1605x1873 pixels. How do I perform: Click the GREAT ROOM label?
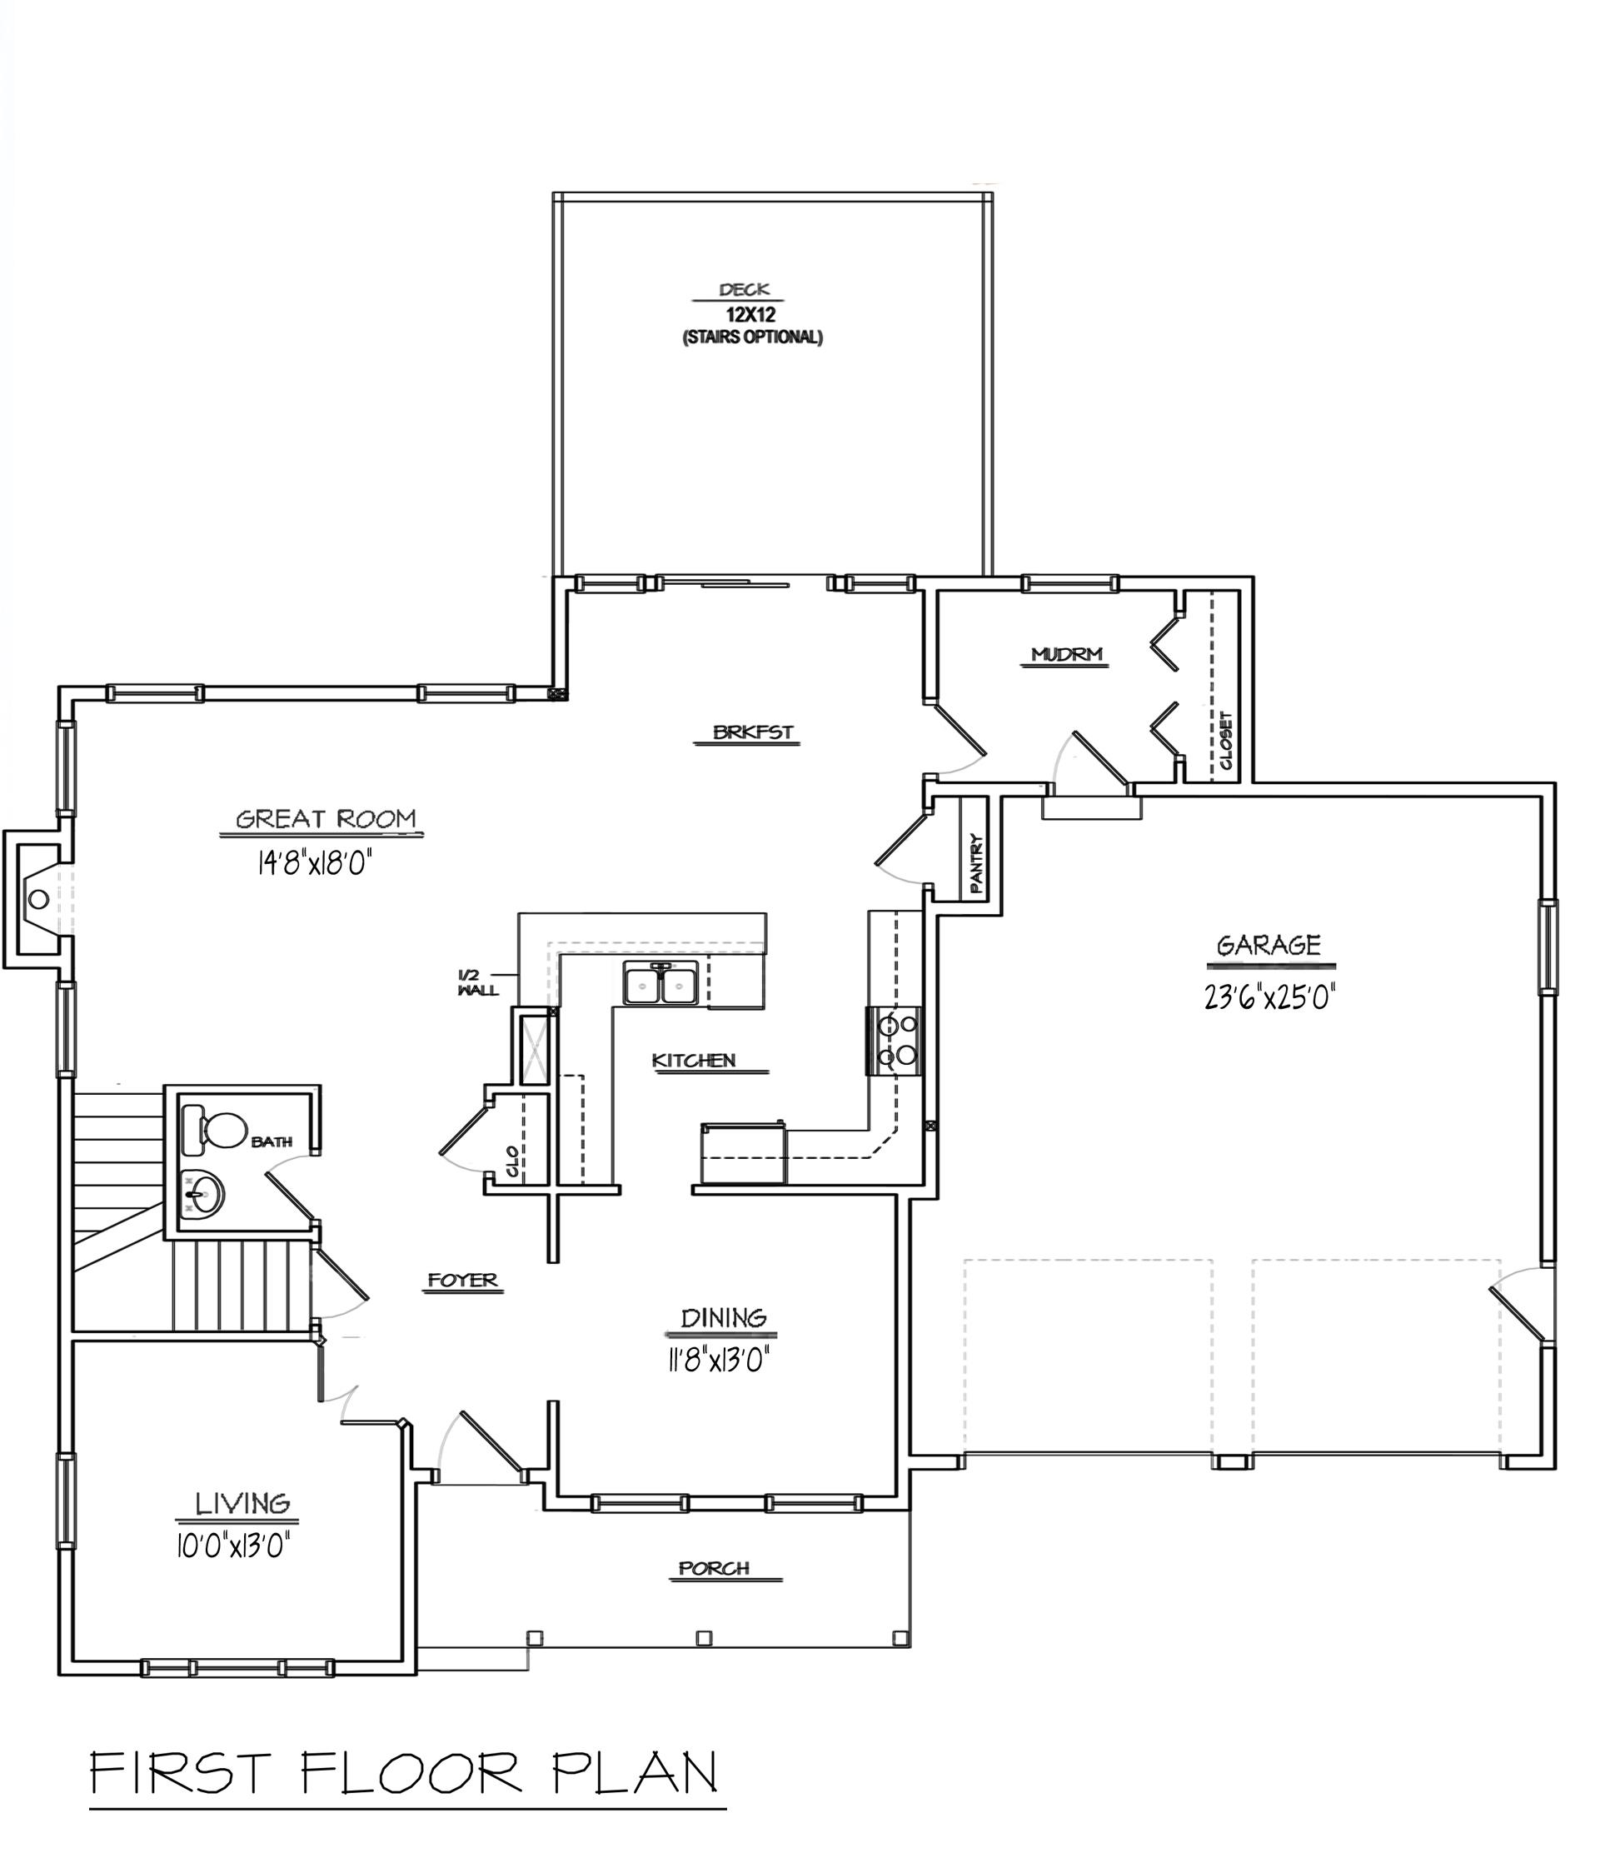[x=326, y=819]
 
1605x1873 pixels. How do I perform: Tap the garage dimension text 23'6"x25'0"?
[x=1269, y=997]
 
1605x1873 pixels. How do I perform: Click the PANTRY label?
[x=977, y=863]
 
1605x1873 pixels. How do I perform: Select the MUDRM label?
[x=1066, y=653]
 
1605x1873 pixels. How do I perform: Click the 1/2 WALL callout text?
[x=476, y=982]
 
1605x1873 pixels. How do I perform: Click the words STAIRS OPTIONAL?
[x=752, y=338]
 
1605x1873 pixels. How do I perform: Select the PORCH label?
[x=714, y=1567]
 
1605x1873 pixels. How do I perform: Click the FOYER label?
[x=463, y=1280]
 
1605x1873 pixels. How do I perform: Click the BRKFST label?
[x=752, y=732]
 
